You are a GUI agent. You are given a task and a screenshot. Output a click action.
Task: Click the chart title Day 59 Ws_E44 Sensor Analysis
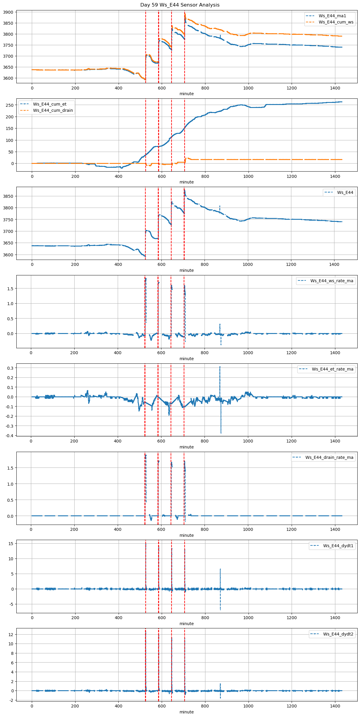pos(180,5)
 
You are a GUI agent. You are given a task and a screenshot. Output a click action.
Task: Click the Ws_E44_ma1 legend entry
pos(332,16)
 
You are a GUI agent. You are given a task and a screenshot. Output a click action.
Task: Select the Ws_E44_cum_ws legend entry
pos(336,22)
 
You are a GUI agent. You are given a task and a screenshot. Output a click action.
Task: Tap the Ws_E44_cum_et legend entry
pos(50,104)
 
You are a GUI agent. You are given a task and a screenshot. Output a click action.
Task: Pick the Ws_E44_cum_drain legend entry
pos(53,110)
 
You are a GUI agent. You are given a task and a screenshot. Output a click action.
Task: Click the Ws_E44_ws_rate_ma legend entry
pos(332,281)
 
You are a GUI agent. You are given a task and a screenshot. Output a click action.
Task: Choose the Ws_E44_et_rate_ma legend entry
pos(332,369)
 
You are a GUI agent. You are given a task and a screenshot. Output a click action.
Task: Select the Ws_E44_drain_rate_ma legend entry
pos(329,457)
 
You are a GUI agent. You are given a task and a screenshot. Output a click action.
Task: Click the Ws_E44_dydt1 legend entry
pos(338,546)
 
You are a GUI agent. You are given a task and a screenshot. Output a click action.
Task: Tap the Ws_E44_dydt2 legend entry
pos(338,634)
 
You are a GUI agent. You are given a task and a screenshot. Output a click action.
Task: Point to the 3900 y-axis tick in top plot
pos(8,12)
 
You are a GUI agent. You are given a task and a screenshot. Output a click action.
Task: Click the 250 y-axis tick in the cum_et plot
pos(10,105)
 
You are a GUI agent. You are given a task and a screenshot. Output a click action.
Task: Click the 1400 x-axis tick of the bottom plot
pos(335,706)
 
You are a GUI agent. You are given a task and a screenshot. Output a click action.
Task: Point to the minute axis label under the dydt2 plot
pos(186,712)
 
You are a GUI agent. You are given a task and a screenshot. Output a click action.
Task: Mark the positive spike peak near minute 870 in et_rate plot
pos(220,367)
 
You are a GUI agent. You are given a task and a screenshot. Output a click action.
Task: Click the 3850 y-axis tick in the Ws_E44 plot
pos(8,196)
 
